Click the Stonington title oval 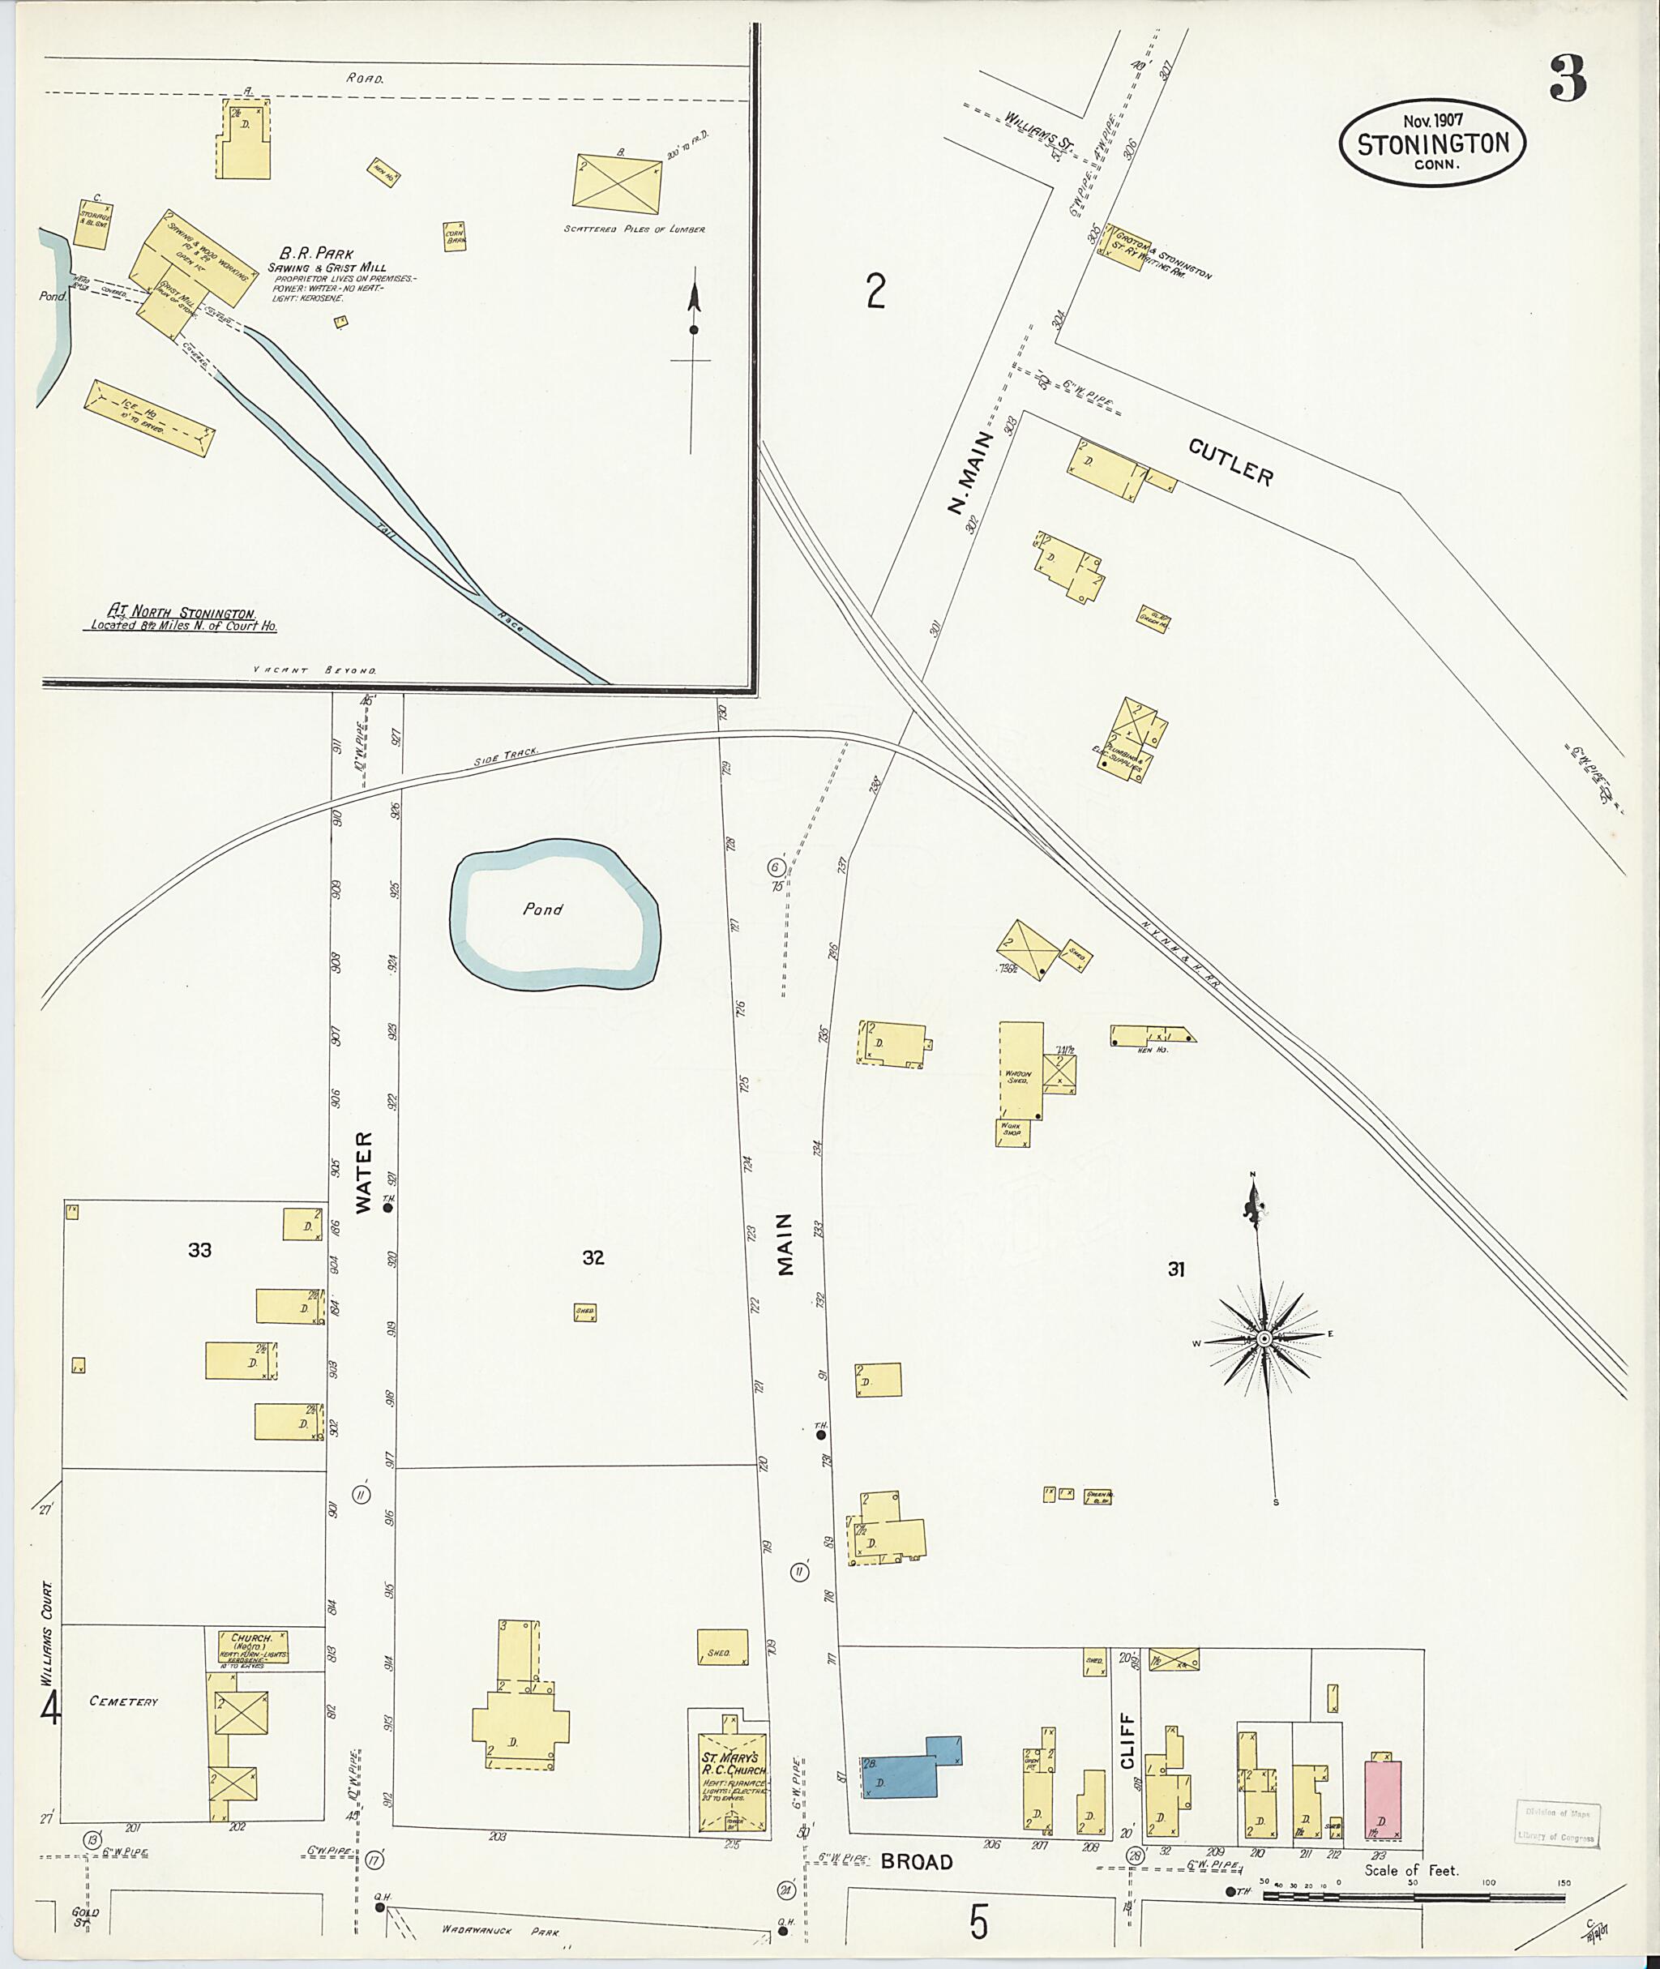(1431, 143)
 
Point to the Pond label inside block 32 (543, 910)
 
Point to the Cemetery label (123, 1701)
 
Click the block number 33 (199, 1250)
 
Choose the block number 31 (1175, 1269)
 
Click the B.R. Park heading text (316, 253)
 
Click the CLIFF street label (1127, 1740)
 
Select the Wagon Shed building (1020, 1070)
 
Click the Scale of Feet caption (1410, 1870)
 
